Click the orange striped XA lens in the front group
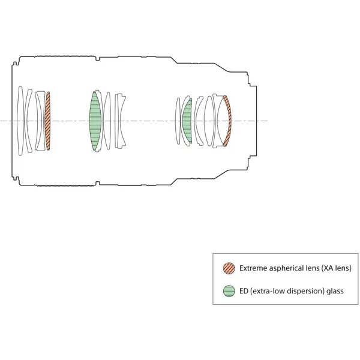tap(48, 121)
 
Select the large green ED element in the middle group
tap(95, 121)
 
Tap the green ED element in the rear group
tap(187, 121)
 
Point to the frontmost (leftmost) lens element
tap(20, 121)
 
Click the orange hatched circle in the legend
tap(229, 268)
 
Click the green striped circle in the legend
tap(229, 291)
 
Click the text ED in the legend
tap(244, 291)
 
